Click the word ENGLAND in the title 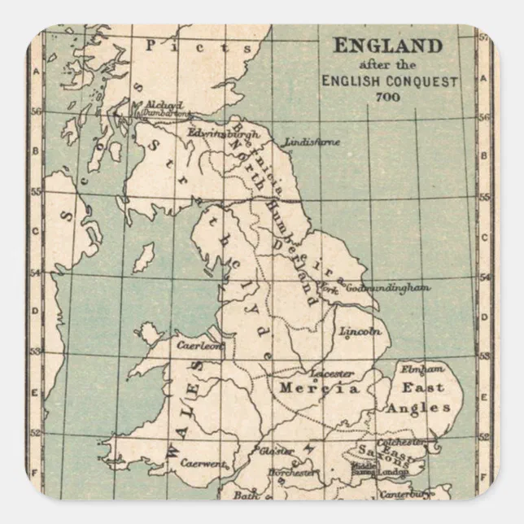pyautogui.click(x=388, y=45)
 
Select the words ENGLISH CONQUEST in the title pyautogui.click(x=389, y=81)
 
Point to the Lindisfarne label pyautogui.click(x=313, y=141)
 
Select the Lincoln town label pyautogui.click(x=361, y=331)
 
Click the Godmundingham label pyautogui.click(x=388, y=288)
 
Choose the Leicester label pyautogui.click(x=332, y=373)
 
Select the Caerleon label pyautogui.click(x=199, y=345)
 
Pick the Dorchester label pyautogui.click(x=291, y=471)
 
